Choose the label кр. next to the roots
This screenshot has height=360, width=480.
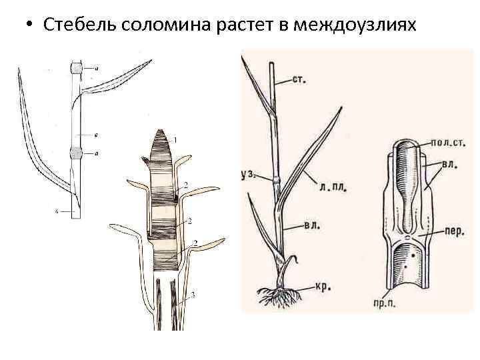tap(319, 287)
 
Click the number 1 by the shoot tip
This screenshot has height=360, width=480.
tap(175, 140)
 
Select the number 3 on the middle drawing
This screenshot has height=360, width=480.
tap(193, 294)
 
